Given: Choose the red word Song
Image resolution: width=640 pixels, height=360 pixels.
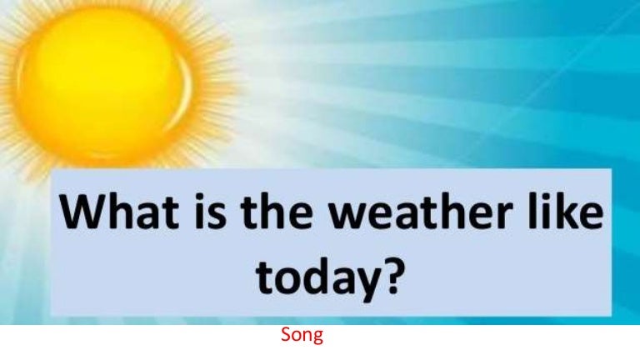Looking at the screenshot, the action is pos(302,336).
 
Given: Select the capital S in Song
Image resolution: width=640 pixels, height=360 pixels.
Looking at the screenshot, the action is pos(285,336).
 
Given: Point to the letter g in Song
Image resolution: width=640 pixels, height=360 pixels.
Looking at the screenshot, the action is pos(318,339).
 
